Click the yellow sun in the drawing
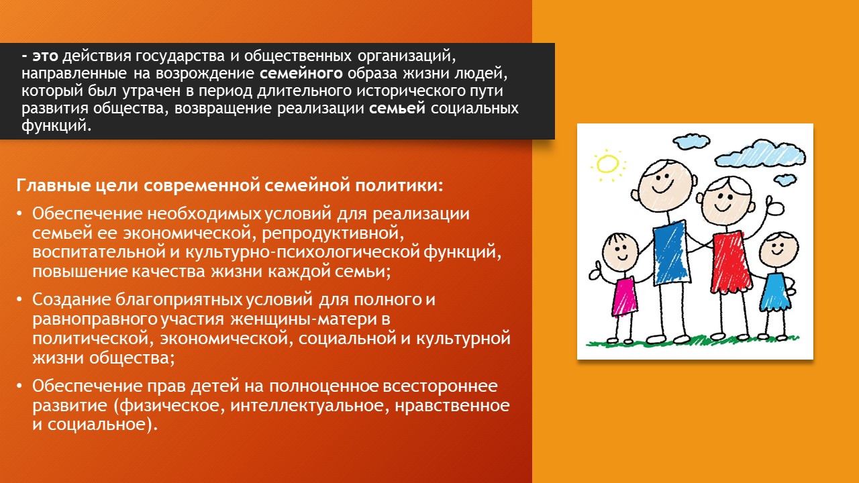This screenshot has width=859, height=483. pos(608,165)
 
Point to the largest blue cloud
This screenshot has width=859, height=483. pos(761,154)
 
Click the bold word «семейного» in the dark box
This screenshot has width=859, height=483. pos(301,73)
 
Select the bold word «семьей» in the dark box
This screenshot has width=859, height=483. pos(397,109)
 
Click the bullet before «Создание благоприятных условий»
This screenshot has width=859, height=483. pos(19,299)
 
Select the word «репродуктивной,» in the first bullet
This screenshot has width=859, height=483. pos(333,233)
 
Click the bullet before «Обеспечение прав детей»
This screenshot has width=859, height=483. pos(19,386)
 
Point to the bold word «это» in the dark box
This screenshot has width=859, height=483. pos(45,56)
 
